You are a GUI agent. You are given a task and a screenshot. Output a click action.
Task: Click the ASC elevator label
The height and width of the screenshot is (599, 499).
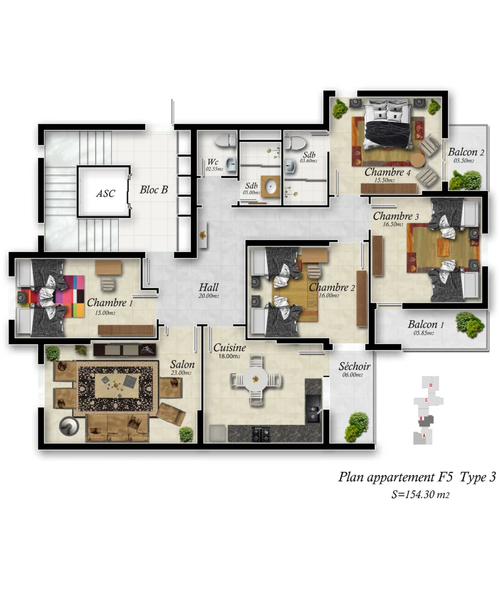click(105, 194)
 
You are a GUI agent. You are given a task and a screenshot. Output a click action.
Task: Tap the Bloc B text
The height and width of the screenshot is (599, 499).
click(154, 190)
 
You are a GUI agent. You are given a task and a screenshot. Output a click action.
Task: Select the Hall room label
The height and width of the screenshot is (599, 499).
click(208, 288)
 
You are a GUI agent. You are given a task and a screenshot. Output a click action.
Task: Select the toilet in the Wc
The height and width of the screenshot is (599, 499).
click(225, 142)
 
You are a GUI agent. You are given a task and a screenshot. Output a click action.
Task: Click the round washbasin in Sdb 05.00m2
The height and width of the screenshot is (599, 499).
click(270, 187)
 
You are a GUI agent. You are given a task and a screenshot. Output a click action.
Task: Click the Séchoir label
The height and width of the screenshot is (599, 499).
click(354, 367)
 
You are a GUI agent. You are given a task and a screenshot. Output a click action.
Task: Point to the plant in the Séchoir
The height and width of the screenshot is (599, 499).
click(357, 425)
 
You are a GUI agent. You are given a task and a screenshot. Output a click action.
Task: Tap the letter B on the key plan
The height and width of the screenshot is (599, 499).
click(422, 418)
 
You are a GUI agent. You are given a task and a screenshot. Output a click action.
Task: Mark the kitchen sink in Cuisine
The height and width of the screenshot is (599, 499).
click(313, 411)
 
